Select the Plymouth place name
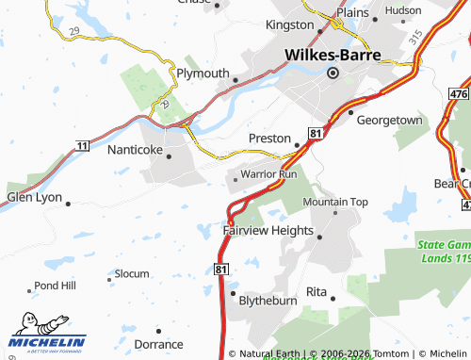pos(203,74)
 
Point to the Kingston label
pos(290,24)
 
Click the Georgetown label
pos(388,121)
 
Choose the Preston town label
pos(269,138)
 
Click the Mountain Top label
pos(335,202)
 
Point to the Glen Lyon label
pos(33,197)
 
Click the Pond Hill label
pos(54,285)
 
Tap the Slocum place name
pos(132,273)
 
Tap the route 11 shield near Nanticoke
pos(83,145)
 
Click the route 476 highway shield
pos(458,95)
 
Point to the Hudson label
pos(403,10)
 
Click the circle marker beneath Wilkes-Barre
pos(333,73)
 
